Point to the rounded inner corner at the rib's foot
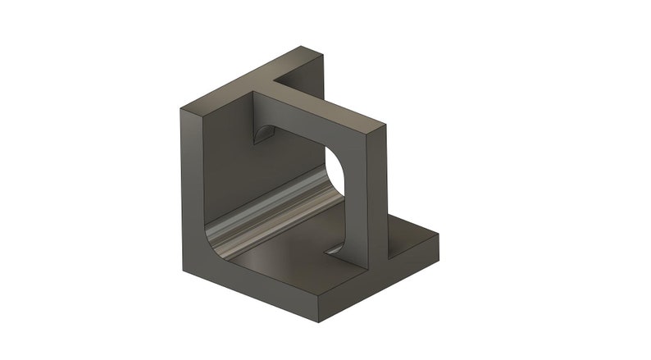[337, 247]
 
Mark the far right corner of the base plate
[438, 237]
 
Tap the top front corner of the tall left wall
[182, 108]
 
